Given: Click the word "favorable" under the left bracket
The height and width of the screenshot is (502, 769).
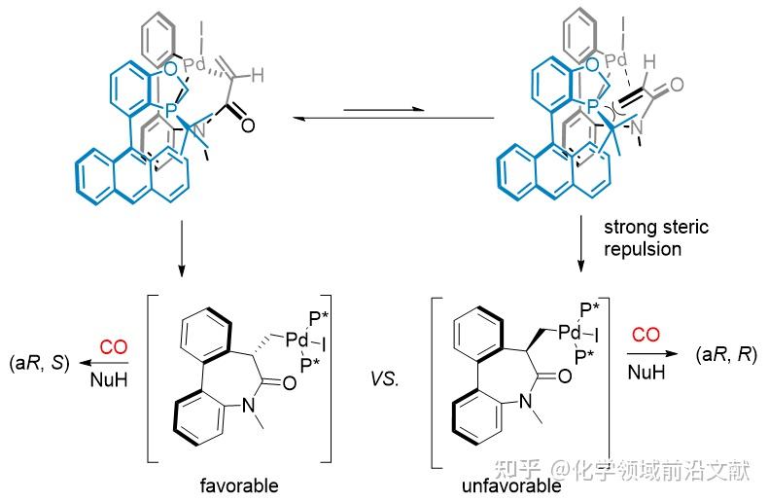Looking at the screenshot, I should (x=238, y=484).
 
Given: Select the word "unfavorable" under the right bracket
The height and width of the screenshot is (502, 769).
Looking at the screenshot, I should (x=513, y=484).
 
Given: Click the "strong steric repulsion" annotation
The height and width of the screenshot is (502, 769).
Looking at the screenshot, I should (x=656, y=237).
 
